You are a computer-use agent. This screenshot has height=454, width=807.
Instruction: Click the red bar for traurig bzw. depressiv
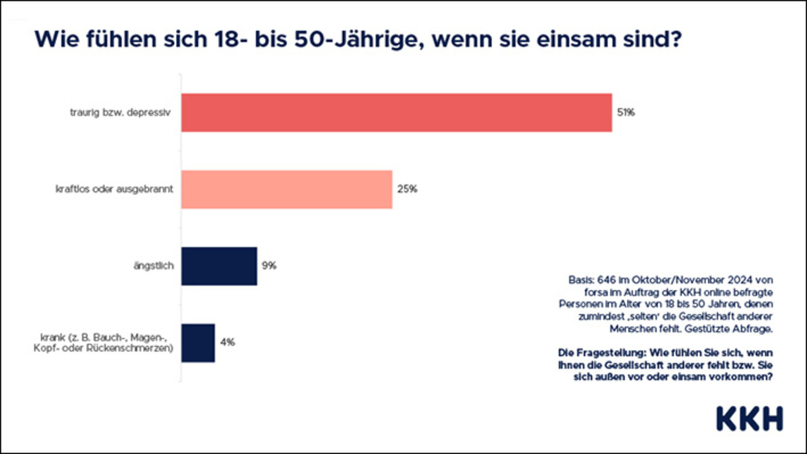[x=396, y=112]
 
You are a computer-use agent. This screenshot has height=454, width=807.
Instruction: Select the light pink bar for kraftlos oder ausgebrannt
[x=287, y=189]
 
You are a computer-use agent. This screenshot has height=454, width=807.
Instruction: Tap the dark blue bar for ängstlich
[x=219, y=266]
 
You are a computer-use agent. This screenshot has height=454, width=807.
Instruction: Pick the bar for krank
[x=198, y=343]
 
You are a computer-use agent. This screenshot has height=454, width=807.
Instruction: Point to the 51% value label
[x=626, y=112]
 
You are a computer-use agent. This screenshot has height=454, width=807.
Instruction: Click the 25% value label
[x=407, y=189]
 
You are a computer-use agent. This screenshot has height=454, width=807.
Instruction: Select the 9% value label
[x=269, y=266]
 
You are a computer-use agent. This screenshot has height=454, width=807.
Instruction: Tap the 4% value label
[x=227, y=343]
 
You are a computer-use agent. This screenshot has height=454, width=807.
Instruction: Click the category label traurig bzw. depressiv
[x=120, y=112]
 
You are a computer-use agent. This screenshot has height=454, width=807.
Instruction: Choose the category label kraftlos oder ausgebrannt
[x=114, y=189]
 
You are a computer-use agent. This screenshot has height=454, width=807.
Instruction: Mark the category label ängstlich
[x=154, y=266]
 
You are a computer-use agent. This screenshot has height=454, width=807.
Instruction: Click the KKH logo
[x=749, y=419]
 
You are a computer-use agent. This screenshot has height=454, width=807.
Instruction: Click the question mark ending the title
[x=674, y=39]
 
